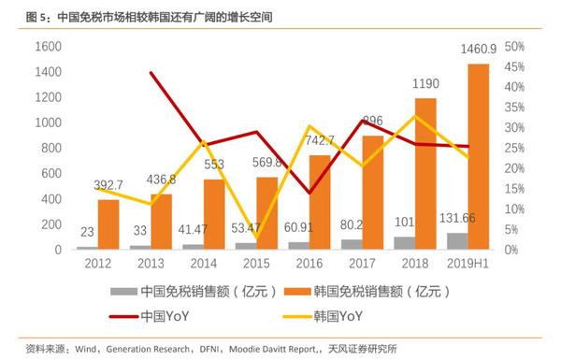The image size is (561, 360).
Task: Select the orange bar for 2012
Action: coord(108,225)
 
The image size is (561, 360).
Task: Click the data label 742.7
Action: coord(321,139)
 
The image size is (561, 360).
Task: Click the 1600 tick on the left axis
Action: coord(47,47)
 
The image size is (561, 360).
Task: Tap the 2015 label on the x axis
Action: coord(257,263)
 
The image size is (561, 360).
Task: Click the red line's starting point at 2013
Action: coord(152,73)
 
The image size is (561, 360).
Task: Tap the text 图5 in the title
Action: coord(37,13)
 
